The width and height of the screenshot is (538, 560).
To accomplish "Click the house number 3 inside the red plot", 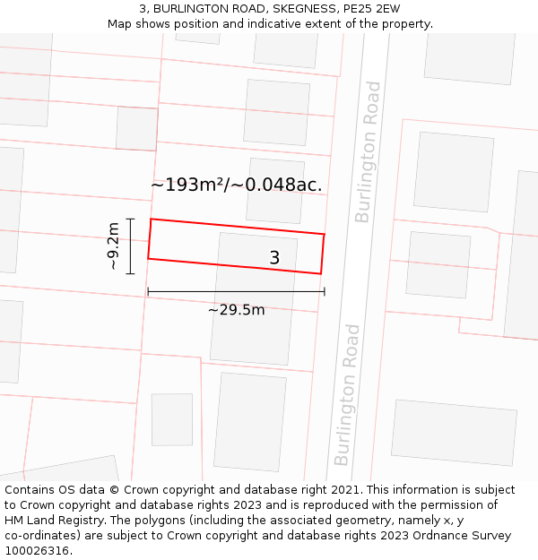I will point(274,258).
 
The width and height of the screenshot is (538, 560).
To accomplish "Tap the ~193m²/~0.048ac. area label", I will point(236,185).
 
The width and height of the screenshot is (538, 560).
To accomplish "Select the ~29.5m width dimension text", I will point(236,310).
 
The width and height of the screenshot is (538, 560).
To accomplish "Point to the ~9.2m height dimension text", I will point(113,246).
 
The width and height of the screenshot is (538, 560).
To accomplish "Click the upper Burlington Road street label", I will point(368,151).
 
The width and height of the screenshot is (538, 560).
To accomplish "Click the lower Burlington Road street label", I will point(347,394).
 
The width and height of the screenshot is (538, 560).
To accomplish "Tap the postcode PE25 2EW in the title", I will point(372,9).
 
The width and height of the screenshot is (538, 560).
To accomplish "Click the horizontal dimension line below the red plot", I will point(236,291).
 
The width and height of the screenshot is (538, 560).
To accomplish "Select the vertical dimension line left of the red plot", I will point(131,246).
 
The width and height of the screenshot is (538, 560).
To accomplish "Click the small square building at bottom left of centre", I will point(171,419).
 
